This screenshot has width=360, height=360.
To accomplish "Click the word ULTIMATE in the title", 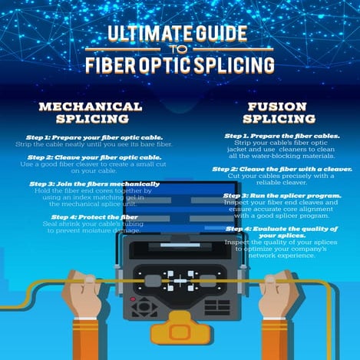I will coord(144,34).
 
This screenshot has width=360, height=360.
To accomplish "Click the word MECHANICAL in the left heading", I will coord(91,105).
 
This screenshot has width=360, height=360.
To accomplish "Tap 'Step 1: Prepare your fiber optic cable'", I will coord(91,136).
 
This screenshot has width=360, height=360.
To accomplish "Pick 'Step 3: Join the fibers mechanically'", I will coord(94,184).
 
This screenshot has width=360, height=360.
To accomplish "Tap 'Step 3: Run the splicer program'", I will coord(267,196).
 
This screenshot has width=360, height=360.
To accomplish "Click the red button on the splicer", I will coord(132,299).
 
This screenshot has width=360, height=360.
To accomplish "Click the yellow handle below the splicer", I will coord(180,329).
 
